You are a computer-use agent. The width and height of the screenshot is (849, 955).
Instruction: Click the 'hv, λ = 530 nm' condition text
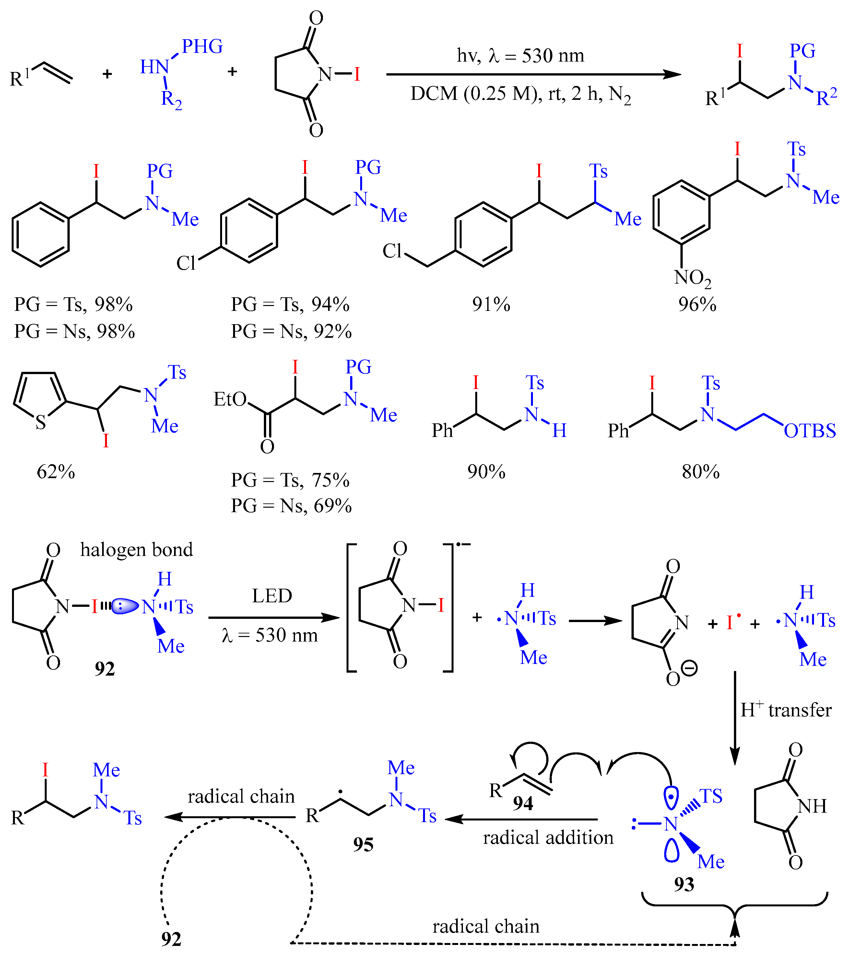(520, 56)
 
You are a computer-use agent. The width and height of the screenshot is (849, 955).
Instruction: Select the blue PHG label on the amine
(202, 47)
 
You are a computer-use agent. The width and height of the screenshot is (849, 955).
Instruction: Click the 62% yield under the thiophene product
(56, 472)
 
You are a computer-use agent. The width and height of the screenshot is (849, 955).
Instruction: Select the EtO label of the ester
(230, 399)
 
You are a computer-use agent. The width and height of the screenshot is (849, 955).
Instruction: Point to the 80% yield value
(700, 472)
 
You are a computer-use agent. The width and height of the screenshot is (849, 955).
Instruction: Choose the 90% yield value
(486, 472)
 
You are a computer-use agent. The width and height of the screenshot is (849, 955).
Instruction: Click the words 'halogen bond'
(136, 550)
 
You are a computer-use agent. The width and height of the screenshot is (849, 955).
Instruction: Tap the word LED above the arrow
(272, 596)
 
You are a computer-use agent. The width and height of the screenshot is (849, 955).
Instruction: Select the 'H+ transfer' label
(786, 710)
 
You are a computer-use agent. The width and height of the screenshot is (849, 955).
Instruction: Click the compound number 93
(684, 884)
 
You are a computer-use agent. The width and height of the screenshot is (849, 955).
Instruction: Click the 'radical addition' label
(548, 838)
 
